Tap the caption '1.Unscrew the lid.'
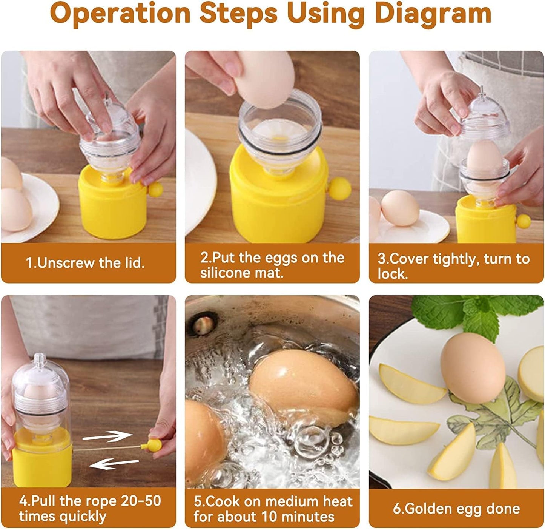85,263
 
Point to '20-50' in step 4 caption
141,501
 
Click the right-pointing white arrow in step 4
107,436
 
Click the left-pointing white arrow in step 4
114,463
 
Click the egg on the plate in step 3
400,208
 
